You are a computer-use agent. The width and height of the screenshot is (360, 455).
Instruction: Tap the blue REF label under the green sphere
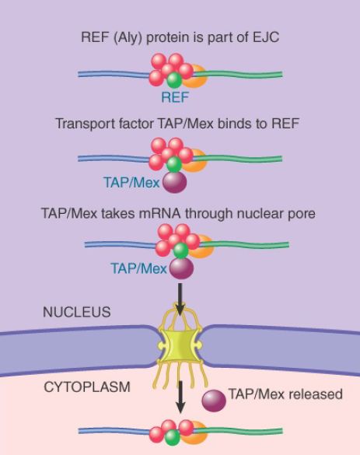click(175, 97)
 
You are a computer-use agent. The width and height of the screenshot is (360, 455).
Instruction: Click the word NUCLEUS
click(76, 312)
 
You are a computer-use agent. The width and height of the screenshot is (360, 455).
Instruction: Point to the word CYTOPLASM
click(87, 387)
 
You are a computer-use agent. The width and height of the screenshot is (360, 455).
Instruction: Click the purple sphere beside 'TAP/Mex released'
click(214, 401)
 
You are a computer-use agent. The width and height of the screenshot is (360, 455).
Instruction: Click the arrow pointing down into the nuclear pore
click(180, 299)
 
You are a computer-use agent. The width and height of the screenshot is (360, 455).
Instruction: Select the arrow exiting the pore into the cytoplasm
click(180, 397)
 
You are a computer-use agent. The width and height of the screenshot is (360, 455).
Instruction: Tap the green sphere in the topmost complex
click(174, 80)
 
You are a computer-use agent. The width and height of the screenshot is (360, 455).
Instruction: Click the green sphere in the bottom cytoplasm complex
click(173, 438)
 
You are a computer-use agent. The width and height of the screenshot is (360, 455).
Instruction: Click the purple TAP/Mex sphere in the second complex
click(174, 182)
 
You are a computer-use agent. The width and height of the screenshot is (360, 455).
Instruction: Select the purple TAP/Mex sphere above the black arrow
click(181, 268)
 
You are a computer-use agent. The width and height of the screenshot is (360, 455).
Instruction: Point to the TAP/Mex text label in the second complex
click(131, 183)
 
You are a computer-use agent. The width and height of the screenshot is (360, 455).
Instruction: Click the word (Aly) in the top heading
click(128, 38)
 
